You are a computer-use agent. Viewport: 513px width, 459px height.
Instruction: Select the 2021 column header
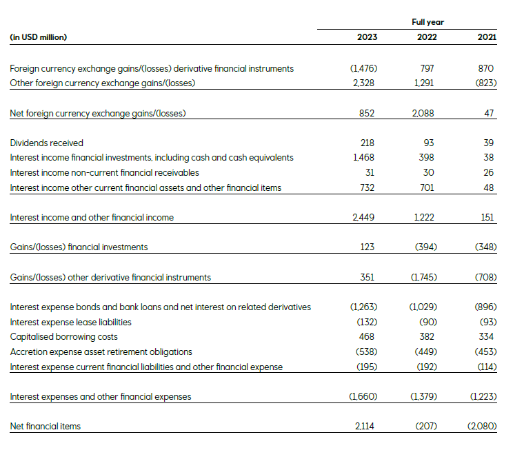[x=487, y=37]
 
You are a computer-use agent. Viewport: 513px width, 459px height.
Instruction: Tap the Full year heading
[x=428, y=22]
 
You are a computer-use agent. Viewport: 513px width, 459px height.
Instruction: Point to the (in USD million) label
[x=39, y=37]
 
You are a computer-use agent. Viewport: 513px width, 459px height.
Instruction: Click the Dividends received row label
[x=46, y=143]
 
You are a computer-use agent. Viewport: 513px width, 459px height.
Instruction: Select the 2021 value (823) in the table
[x=485, y=83]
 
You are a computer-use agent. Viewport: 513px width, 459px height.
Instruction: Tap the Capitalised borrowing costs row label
[x=63, y=337]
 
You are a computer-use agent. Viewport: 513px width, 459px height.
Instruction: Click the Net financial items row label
[x=46, y=427]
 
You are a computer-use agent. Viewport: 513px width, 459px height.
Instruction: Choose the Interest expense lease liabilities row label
[x=71, y=322]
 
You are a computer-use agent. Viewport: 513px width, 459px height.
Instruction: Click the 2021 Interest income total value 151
[x=488, y=217]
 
